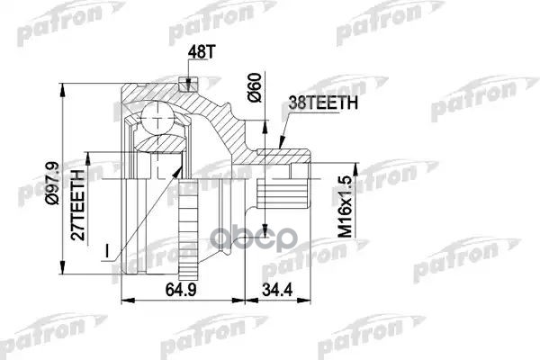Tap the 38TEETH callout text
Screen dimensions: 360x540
(x=323, y=104)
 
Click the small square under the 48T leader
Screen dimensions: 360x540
(x=187, y=87)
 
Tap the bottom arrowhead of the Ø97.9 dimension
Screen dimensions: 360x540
(x=63, y=274)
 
